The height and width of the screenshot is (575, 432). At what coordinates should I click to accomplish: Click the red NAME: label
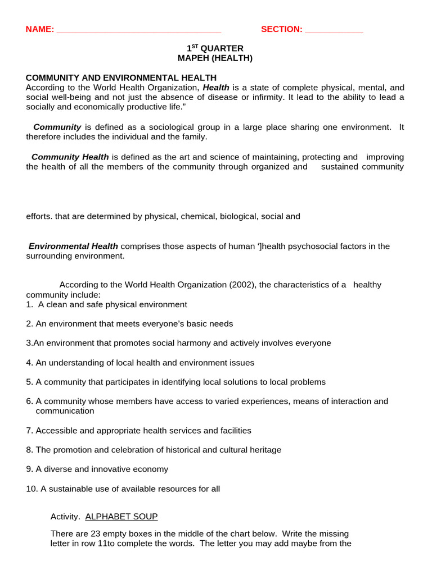40,29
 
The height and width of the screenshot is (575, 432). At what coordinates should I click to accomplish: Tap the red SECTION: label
281,29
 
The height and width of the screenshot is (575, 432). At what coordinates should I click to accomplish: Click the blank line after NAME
139,30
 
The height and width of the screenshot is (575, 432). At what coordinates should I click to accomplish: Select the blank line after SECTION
334,30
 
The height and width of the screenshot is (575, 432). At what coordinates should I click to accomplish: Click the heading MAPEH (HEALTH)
215,58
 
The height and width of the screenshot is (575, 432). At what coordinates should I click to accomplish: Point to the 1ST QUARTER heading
215,48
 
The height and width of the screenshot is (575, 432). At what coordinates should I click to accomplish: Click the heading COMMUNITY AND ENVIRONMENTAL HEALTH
121,77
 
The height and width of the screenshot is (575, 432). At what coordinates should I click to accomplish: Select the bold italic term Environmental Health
73,246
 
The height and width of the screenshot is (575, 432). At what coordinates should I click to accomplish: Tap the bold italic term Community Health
70,157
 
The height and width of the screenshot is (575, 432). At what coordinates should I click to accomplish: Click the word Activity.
65,516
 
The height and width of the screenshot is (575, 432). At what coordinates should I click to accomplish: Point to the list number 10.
31,489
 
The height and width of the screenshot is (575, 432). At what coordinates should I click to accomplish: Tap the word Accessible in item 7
55,431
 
